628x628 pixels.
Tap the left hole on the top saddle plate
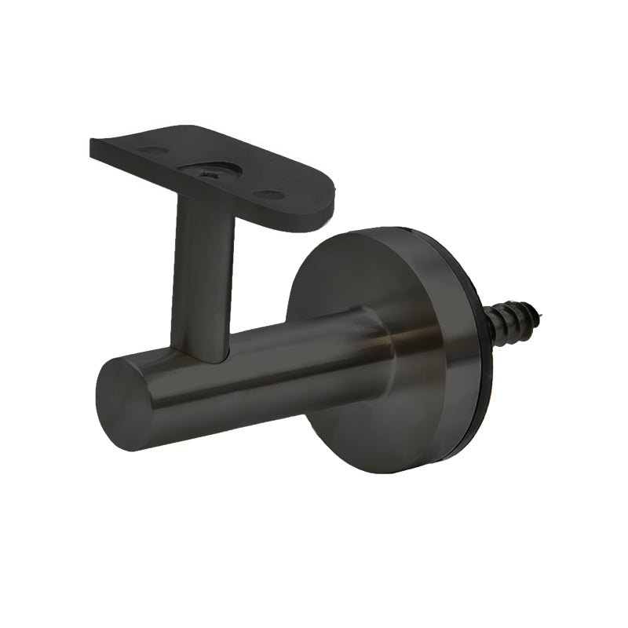(x=152, y=150)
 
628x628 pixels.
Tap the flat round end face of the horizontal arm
(x=124, y=403)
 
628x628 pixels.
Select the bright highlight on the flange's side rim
(x=463, y=353)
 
